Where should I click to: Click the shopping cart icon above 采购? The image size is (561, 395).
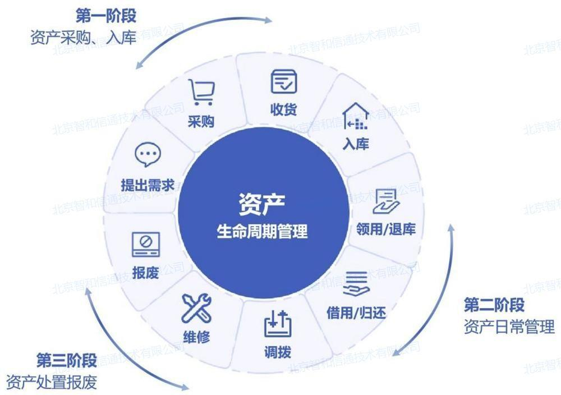point(201,93)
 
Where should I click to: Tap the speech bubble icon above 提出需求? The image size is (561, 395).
point(148,154)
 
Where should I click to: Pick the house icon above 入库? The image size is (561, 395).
point(355,116)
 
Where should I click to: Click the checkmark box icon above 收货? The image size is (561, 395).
point(284,81)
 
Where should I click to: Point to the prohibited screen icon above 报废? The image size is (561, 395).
point(146,245)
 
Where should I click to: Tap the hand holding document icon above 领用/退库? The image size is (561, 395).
point(386,201)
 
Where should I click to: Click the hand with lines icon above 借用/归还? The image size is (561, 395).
point(356,283)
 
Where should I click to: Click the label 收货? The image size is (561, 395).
point(284,109)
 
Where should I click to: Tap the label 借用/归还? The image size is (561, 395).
point(356,313)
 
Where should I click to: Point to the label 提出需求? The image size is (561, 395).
point(148,185)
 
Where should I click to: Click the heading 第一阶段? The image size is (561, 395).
point(106,16)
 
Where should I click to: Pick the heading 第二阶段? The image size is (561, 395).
point(494,305)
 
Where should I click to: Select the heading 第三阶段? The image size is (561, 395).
point(67,360)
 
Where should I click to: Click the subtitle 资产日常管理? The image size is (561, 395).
point(509,327)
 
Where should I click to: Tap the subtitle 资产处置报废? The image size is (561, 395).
point(52,382)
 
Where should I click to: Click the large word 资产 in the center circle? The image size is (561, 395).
point(262,204)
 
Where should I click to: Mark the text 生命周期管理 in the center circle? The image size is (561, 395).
point(262,231)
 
